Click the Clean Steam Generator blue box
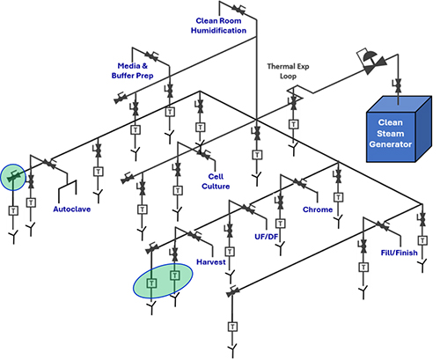pyautogui.click(x=399, y=129)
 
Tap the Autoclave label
pyautogui.click(x=72, y=209)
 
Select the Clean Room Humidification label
pyautogui.click(x=218, y=26)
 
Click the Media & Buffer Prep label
pyautogui.click(x=132, y=70)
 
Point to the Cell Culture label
pyautogui.click(x=216, y=181)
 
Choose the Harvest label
pyautogui.click(x=211, y=262)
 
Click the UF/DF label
pyautogui.click(x=267, y=237)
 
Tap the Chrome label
pyautogui.click(x=318, y=209)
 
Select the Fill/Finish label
pyautogui.click(x=399, y=253)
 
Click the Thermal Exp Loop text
pyautogui.click(x=288, y=71)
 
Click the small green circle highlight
pyautogui.click(x=13, y=177)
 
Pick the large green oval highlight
pyautogui.click(x=163, y=281)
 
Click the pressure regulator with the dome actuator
pyautogui.click(x=371, y=62)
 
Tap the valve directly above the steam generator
pyautogui.click(x=398, y=85)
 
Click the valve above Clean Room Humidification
pyautogui.click(x=238, y=9)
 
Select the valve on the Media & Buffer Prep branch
pyautogui.click(x=151, y=55)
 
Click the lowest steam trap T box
pyautogui.click(x=232, y=327)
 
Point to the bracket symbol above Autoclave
pyautogui.click(x=68, y=187)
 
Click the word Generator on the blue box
pyautogui.click(x=391, y=144)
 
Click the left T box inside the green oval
pyautogui.click(x=151, y=283)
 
